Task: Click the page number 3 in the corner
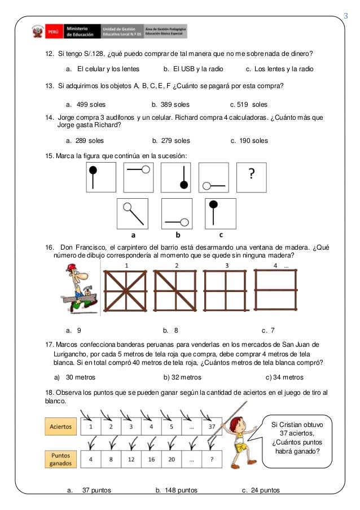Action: coord(346,15)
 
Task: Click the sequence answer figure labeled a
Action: coord(133,213)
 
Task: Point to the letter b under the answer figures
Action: coord(177,234)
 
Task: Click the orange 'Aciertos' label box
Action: coord(60,427)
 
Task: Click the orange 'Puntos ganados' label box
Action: coord(60,459)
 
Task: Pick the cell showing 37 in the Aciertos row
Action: coord(210,427)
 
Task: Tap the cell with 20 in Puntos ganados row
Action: coord(171,459)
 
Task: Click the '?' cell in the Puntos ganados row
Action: coord(210,459)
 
